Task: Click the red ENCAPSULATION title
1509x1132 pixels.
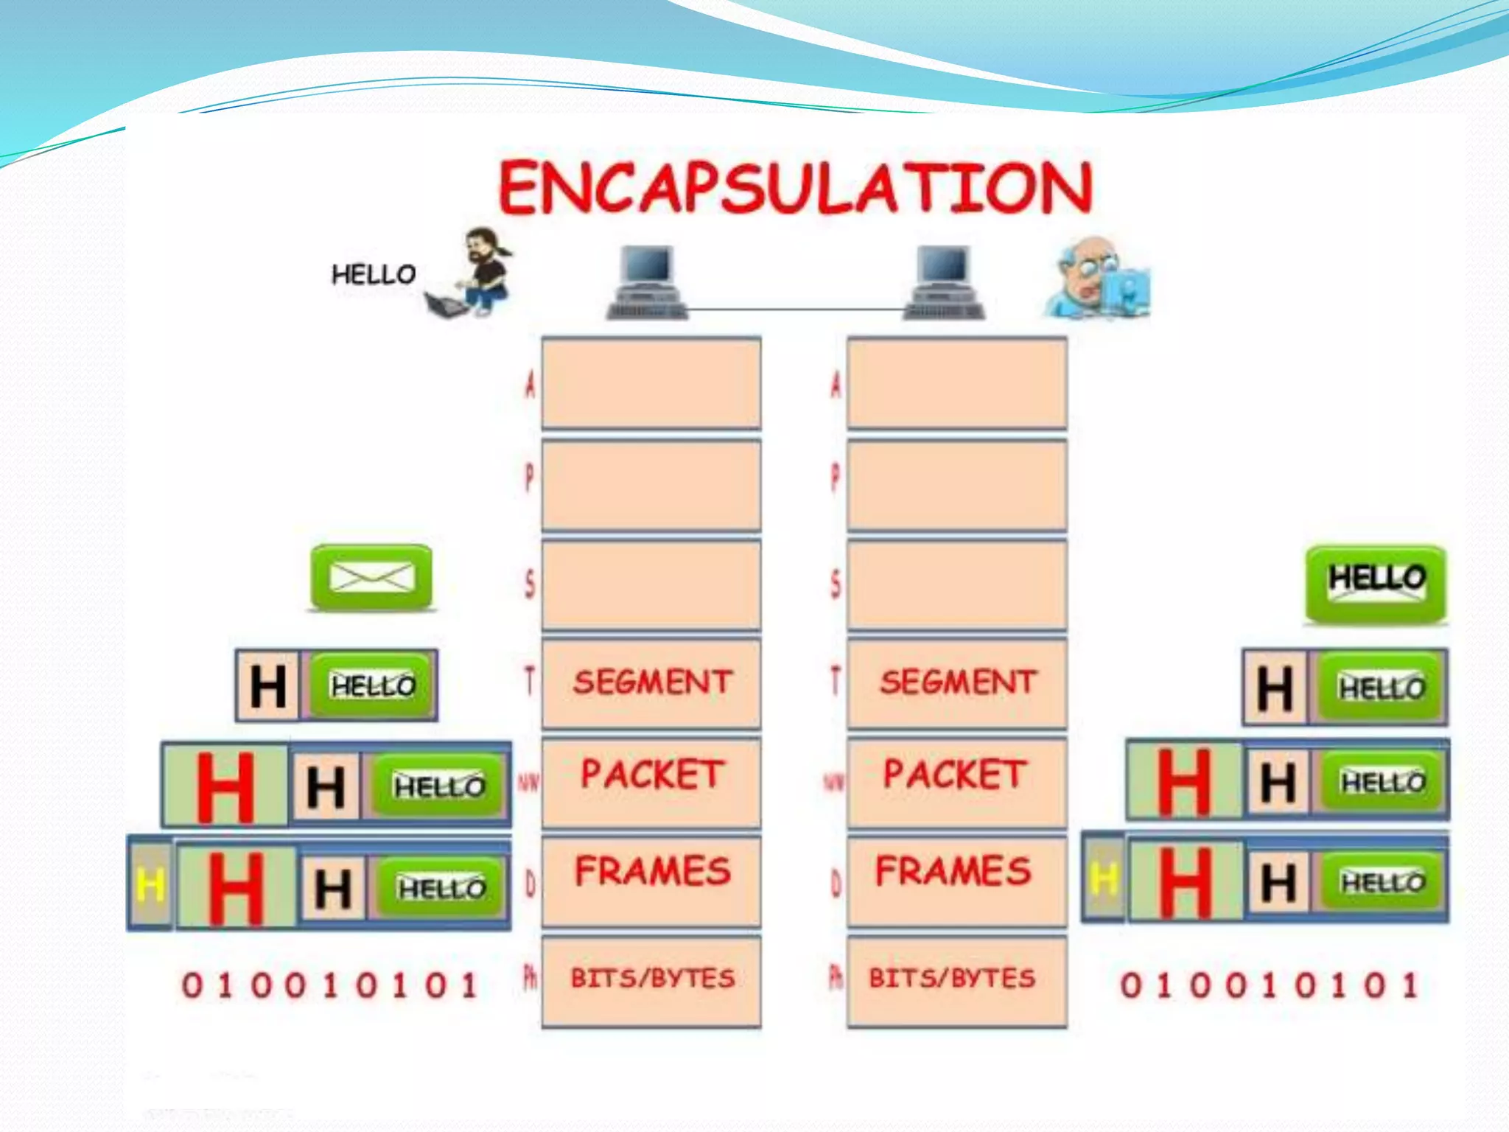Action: click(x=796, y=188)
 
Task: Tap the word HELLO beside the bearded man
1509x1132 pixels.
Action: click(x=374, y=275)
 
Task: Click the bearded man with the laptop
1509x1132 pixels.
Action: click(x=475, y=273)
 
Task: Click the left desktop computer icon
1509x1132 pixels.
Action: click(x=647, y=282)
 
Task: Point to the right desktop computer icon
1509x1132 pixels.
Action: click(x=944, y=282)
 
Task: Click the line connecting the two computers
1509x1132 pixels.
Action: click(x=796, y=310)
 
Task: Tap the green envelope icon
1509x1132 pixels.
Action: click(x=371, y=577)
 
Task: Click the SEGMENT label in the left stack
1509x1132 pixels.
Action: click(x=652, y=682)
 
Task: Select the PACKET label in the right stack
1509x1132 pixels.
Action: click(x=955, y=774)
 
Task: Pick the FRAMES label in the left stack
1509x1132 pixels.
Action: click(x=652, y=871)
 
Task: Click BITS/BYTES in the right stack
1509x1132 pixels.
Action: click(x=952, y=978)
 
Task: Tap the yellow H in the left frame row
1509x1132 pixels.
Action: click(x=150, y=885)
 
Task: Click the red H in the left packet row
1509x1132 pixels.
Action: click(x=225, y=786)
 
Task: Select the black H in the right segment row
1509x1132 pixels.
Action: click(x=1275, y=688)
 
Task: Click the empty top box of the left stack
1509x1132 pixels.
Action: click(x=651, y=382)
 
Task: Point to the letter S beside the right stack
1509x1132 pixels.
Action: click(x=836, y=584)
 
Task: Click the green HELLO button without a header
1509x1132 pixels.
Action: click(x=1376, y=582)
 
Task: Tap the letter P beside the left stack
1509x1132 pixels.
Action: click(x=530, y=478)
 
